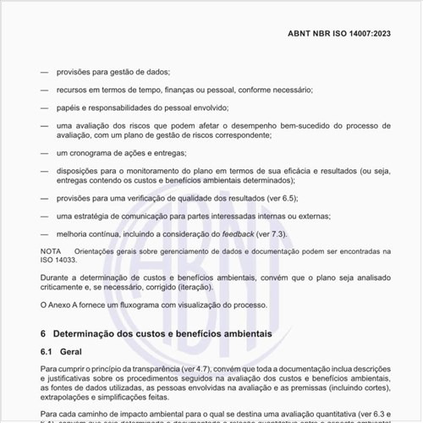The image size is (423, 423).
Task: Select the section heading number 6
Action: pyautogui.click(x=43, y=335)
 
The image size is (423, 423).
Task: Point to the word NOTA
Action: pyautogui.click(x=50, y=251)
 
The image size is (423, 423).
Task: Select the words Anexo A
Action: pyautogui.click(x=68, y=305)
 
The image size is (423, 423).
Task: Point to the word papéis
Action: pyautogui.click(x=70, y=107)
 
